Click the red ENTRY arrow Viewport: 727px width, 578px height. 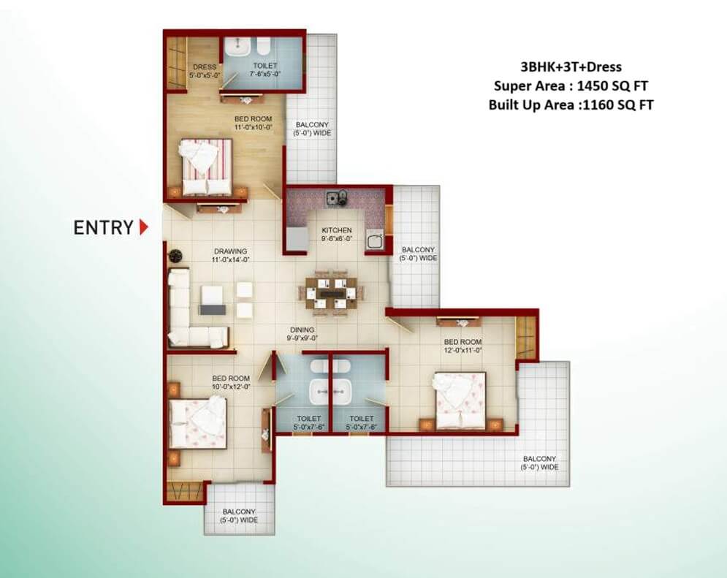coord(144,227)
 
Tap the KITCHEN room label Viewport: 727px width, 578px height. coord(337,230)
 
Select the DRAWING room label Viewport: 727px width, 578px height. coord(230,251)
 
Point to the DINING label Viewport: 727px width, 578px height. coord(302,330)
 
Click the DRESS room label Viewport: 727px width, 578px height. coord(205,66)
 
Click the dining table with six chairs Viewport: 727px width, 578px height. coord(332,294)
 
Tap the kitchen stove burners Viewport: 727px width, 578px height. coord(337,198)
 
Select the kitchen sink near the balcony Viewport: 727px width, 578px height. coord(373,240)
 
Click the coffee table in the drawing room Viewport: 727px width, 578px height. coord(213,300)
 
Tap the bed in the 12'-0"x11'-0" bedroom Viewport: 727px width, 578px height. coord(460,400)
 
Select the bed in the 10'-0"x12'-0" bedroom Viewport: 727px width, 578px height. coord(198,422)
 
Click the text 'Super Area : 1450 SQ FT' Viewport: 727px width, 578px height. coord(571,85)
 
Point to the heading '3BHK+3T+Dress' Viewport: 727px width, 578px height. coord(571,66)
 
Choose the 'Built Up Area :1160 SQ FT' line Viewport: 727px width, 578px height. coord(571,104)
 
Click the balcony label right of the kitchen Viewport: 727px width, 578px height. coord(418,254)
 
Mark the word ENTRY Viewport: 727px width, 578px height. coord(104,227)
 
